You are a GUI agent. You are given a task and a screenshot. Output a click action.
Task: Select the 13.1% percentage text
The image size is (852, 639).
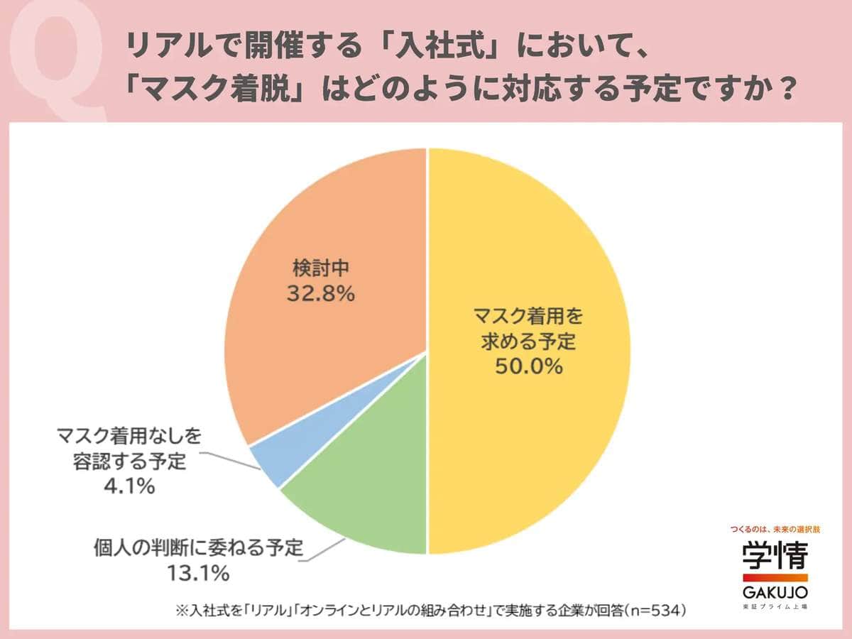[x=199, y=572]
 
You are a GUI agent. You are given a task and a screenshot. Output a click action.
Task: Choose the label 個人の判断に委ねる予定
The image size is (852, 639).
[x=199, y=548]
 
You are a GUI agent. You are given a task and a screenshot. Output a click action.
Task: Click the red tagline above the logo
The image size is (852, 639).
[x=775, y=529]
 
